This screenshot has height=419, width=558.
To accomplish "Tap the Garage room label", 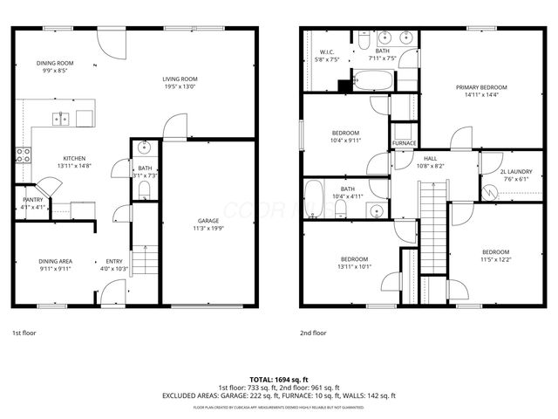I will tap(208, 221).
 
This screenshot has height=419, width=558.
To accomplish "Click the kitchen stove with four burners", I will tap(24, 156).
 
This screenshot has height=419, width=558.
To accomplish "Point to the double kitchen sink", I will tap(59, 119).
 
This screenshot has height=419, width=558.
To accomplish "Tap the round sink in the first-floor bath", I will tap(145, 148).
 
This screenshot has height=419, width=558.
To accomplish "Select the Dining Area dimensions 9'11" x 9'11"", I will tap(54, 269).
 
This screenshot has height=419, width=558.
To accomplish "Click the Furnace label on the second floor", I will tap(404, 143).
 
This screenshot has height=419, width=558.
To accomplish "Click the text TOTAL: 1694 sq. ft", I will tap(278, 380).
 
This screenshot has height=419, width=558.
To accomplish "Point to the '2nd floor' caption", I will tap(313, 333).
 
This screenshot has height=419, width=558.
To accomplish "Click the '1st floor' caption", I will tap(24, 333).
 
